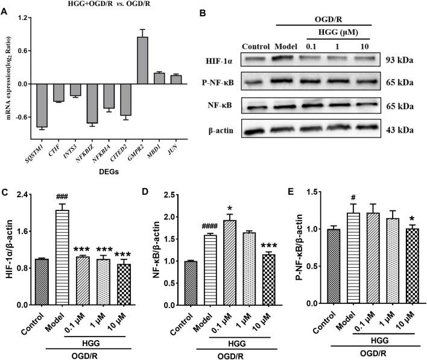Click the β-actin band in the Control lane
[x=258, y=128]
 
